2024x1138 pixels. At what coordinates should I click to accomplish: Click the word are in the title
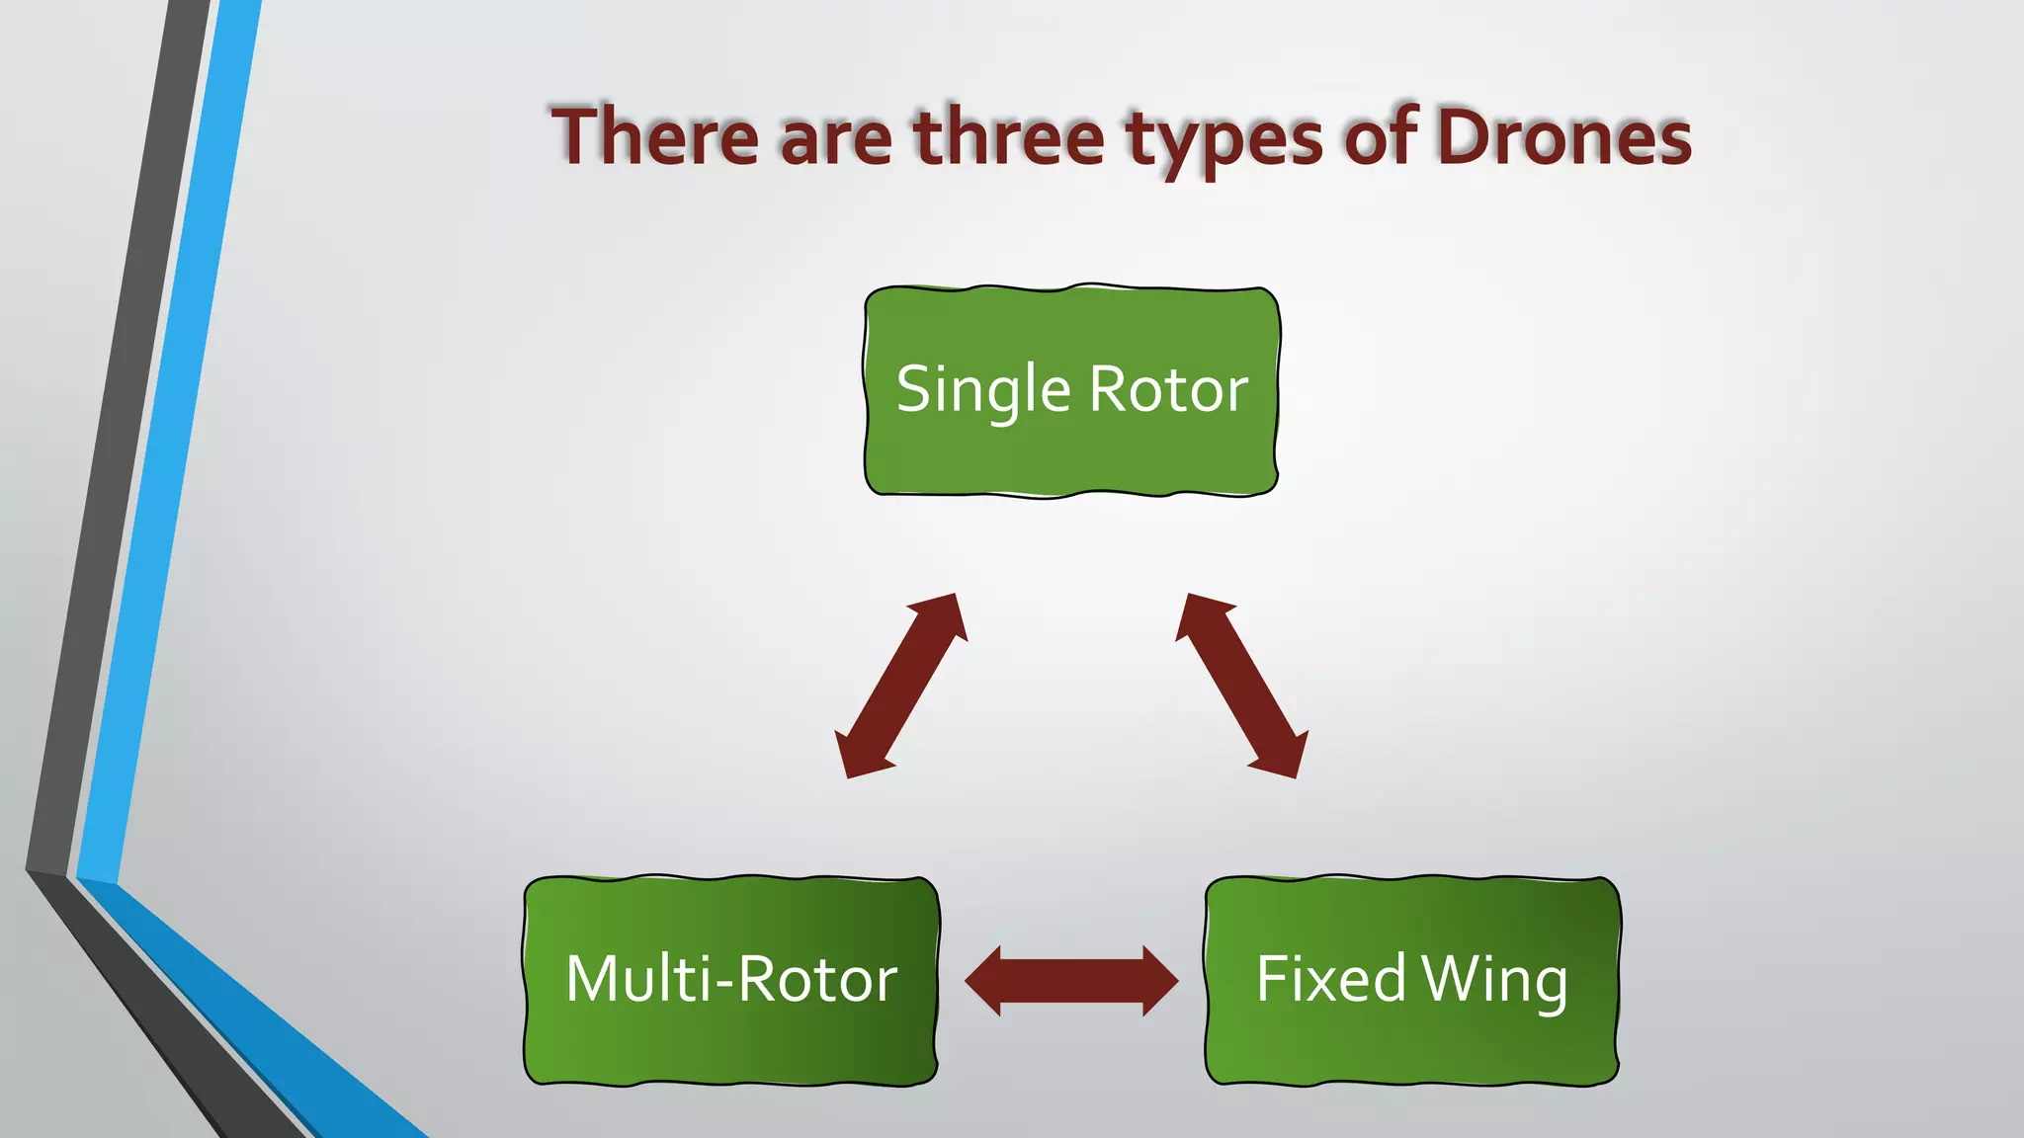[x=835, y=138]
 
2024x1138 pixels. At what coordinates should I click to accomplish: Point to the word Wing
[x=1494, y=980]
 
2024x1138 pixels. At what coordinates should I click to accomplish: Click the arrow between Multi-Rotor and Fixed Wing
[x=1071, y=981]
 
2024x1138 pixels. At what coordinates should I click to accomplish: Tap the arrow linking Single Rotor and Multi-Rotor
[x=900, y=686]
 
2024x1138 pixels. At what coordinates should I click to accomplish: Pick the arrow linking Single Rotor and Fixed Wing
[x=1242, y=686]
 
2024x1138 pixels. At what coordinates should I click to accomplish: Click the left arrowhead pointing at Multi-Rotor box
[x=984, y=981]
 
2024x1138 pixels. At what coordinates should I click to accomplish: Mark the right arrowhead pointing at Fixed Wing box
[x=1160, y=981]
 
